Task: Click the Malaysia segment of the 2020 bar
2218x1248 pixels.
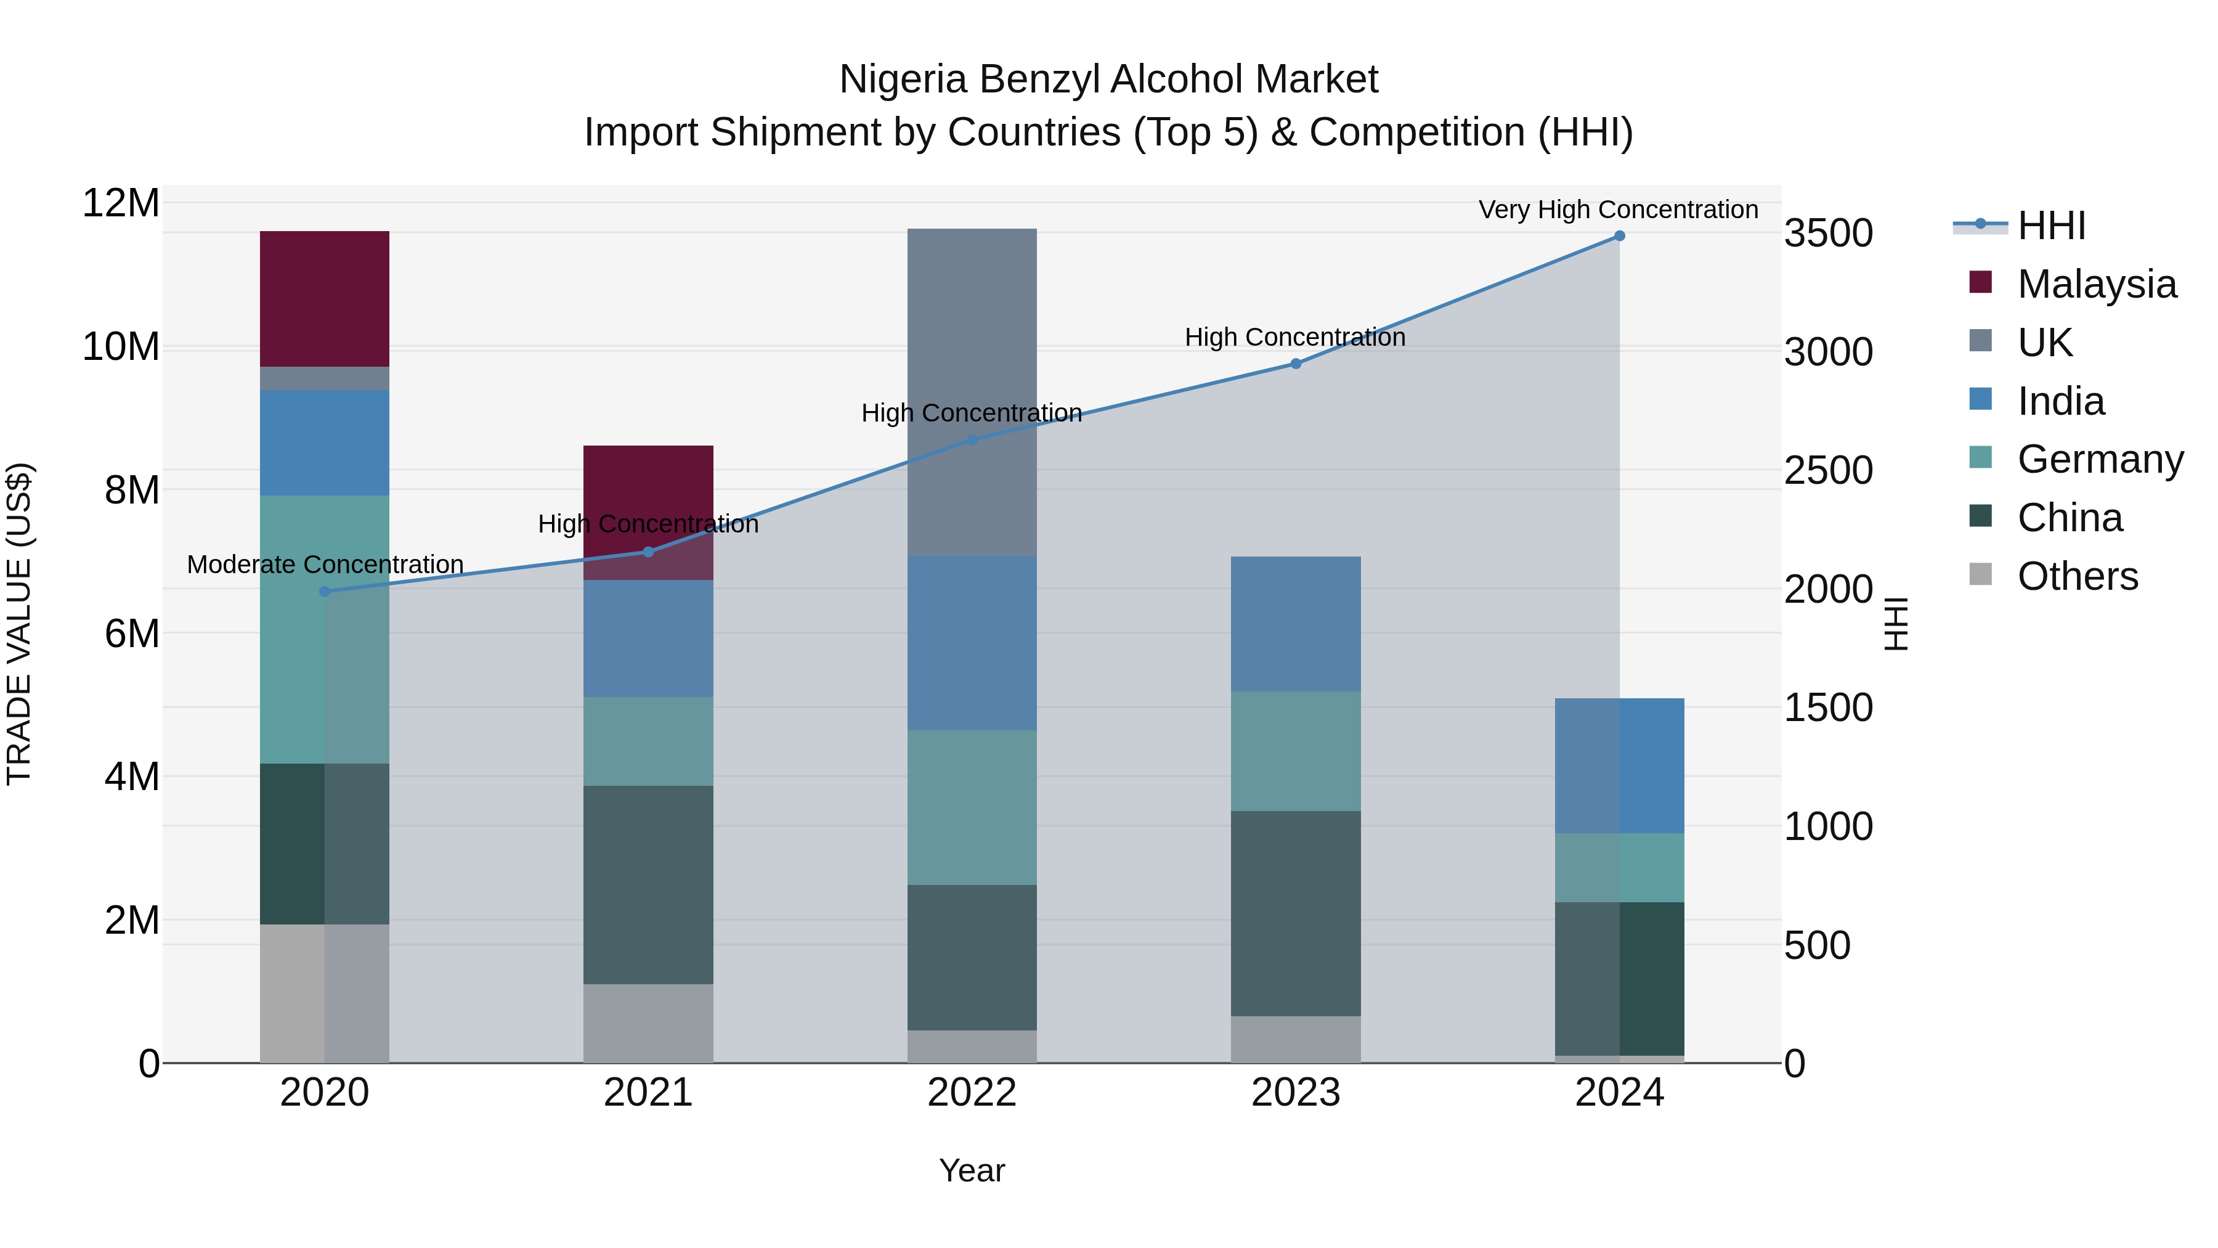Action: [325, 299]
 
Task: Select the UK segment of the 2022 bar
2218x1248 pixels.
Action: [972, 392]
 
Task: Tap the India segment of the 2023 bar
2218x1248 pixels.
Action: [1296, 624]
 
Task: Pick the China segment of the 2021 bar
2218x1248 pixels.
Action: [648, 884]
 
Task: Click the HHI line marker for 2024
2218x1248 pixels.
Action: [1620, 236]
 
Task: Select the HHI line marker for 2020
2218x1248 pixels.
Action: [325, 592]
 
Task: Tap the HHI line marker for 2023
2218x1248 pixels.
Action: [1296, 364]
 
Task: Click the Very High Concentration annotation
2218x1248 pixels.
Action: [1618, 210]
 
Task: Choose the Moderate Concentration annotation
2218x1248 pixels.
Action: [325, 564]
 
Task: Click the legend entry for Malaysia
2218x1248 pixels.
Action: [2096, 284]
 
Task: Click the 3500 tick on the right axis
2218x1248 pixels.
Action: [1827, 234]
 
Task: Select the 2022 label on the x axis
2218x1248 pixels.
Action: [972, 1093]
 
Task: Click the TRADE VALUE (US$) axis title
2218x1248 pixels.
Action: [19, 624]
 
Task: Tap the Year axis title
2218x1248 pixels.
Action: [972, 1170]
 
